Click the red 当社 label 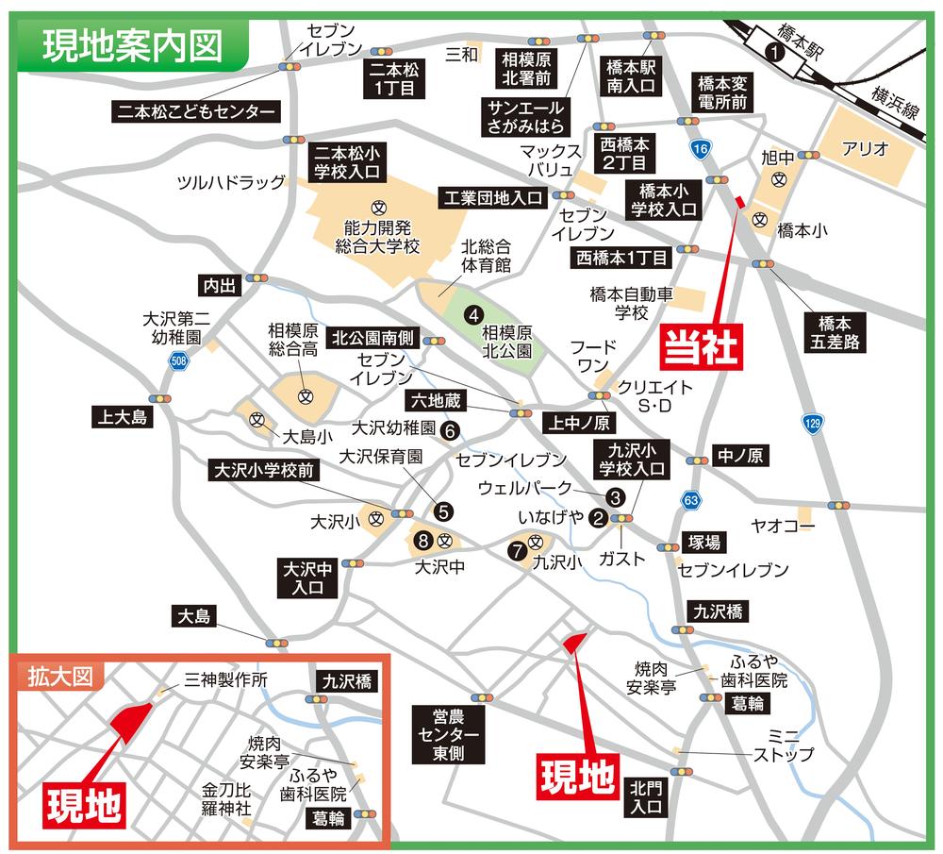(703, 344)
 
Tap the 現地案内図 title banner (132, 44)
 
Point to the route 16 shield (699, 149)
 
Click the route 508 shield (178, 360)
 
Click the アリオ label (866, 149)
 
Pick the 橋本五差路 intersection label (837, 331)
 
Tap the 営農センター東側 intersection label (448, 733)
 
